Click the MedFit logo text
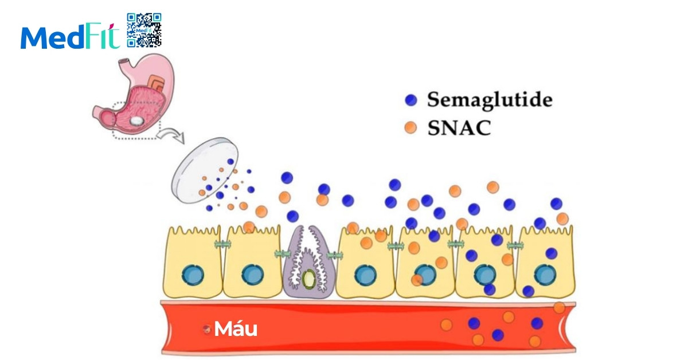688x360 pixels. point(70,37)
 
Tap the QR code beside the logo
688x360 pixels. point(144,29)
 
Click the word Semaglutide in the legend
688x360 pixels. point(489,100)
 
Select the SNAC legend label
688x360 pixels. point(459,128)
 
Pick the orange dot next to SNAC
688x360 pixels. point(410,128)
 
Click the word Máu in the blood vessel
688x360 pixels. point(235,329)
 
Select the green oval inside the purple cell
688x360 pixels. point(309,279)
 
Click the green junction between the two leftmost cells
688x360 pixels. point(222,245)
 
